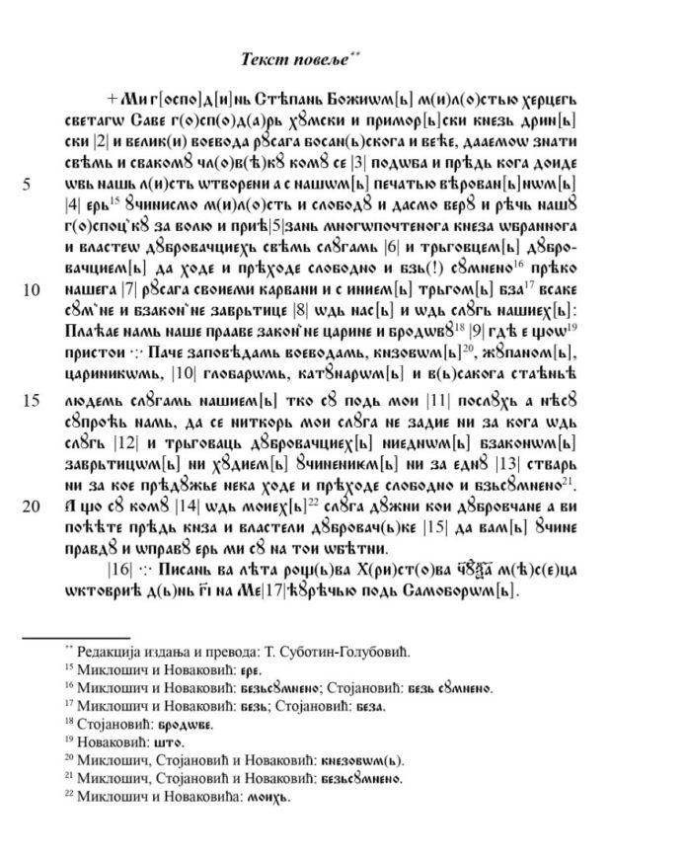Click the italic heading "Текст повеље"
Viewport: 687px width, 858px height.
[295, 59]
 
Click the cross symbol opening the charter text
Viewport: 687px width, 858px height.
[112, 98]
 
